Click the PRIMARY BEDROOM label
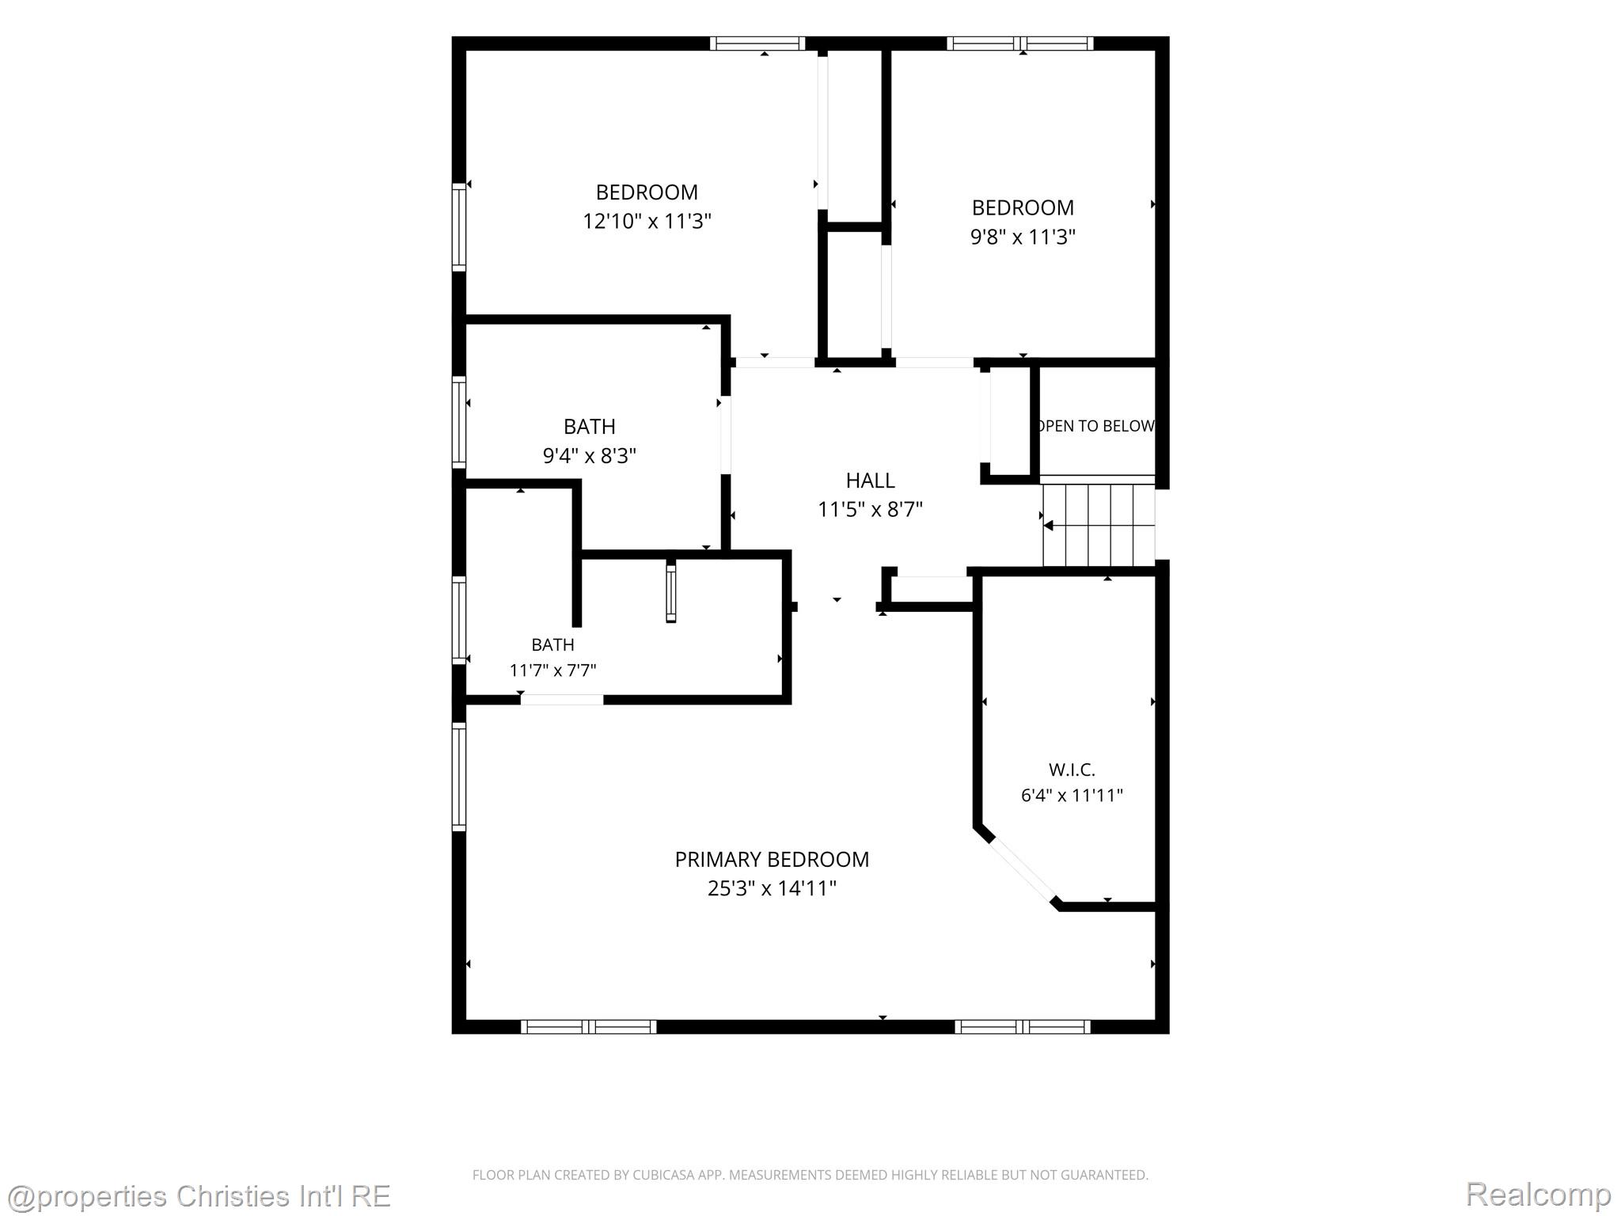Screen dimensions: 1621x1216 [772, 859]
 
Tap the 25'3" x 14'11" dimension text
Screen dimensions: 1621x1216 [772, 888]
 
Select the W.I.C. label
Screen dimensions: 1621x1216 [1072, 769]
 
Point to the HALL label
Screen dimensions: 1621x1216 [870, 481]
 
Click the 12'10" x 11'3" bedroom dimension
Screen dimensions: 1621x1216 [647, 221]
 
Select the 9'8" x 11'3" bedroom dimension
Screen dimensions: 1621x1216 [1023, 237]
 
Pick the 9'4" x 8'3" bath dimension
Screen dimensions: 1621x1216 [590, 456]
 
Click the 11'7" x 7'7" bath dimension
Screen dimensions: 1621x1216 [552, 671]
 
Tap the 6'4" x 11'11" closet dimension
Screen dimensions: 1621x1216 [1072, 796]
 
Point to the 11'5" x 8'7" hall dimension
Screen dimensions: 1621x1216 [870, 509]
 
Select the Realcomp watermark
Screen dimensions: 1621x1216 [1539, 1195]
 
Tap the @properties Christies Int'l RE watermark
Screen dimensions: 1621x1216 [198, 1196]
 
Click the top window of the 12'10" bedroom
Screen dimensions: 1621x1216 [757, 44]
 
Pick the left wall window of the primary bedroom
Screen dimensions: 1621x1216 [459, 777]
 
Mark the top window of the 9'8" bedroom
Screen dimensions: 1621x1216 [1020, 44]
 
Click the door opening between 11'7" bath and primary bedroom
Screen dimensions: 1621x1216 [562, 700]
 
